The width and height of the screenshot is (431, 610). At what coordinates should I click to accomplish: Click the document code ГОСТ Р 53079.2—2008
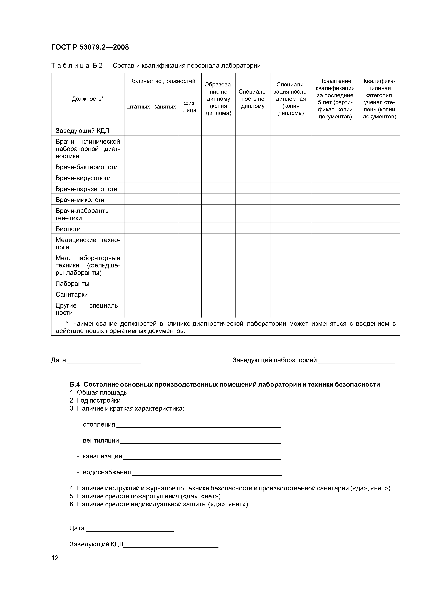[x=90, y=47]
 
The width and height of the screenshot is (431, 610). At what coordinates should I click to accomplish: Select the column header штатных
[x=138, y=107]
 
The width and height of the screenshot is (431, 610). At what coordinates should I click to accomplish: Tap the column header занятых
[x=165, y=107]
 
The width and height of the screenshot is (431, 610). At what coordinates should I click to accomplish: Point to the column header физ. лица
[x=190, y=107]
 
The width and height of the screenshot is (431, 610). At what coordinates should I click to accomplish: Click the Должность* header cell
[x=88, y=99]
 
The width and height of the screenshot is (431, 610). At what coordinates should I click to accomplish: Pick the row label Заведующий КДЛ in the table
[x=82, y=131]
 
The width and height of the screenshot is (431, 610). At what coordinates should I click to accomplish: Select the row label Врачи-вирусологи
[x=83, y=178]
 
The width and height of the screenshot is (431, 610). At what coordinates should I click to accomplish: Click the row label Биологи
[x=68, y=229]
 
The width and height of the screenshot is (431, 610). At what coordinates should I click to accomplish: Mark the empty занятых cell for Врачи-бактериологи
[x=165, y=167]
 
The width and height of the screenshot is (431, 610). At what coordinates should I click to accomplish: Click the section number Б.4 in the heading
[x=75, y=384]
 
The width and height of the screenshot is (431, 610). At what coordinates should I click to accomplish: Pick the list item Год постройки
[x=99, y=400]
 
